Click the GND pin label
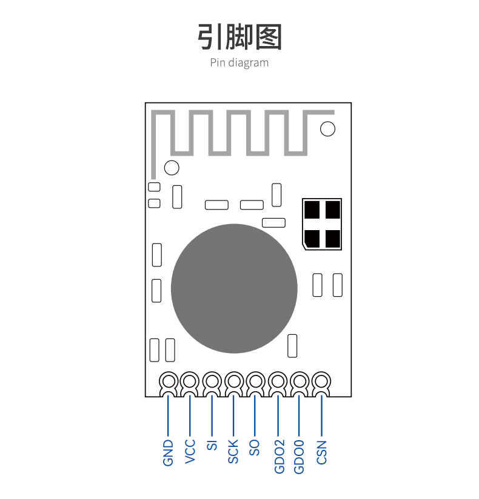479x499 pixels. tap(168, 453)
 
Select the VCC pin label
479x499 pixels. tap(190, 452)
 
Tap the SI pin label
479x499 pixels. tap(212, 445)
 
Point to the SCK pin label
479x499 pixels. tap(233, 451)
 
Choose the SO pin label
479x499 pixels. tap(254, 448)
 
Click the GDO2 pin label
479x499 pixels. tap(279, 457)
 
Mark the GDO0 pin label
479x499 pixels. tap(299, 457)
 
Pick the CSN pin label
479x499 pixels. tap(321, 452)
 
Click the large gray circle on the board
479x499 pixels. tap(234, 288)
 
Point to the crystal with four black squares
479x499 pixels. tap(322, 224)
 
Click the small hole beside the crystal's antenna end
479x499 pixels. tap(327, 129)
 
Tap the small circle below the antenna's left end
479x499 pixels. tap(172, 168)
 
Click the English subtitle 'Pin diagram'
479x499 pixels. tap(239, 63)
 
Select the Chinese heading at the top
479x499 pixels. tap(239, 37)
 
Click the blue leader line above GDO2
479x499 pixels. tap(278, 415)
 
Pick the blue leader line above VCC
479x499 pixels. tap(190, 415)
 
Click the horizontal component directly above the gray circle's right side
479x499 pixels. tap(274, 223)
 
